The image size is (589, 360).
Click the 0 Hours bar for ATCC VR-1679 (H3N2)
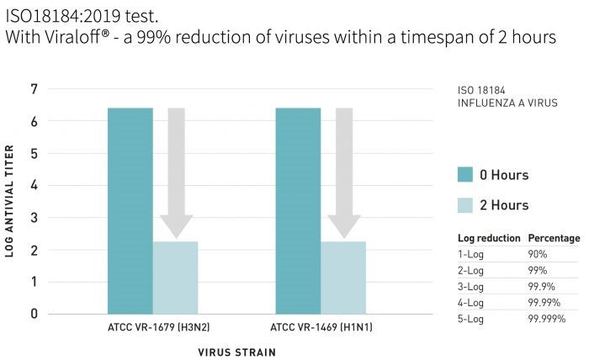(130, 210)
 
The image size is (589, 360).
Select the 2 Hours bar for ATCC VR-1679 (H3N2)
(175, 278)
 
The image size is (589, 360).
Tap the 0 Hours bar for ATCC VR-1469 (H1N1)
(298, 210)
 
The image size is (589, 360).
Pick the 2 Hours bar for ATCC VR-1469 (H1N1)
(343, 278)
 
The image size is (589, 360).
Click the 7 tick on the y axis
(34, 89)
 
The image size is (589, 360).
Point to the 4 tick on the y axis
(34, 185)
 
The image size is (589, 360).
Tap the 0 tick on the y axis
(34, 314)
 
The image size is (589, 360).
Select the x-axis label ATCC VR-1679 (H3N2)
(151, 326)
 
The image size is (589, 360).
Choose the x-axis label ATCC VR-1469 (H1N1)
(321, 326)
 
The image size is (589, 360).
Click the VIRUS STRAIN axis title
(236, 352)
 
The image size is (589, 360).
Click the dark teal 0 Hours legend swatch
(464, 174)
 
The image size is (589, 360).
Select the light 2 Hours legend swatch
(464, 204)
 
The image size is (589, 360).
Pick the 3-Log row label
(471, 285)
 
